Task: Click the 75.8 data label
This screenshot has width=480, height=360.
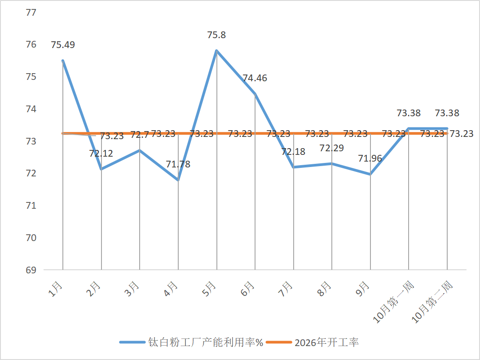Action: pyautogui.click(x=216, y=35)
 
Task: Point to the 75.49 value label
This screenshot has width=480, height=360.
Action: pyautogui.click(x=63, y=45)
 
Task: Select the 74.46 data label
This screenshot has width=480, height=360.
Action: pyautogui.click(x=255, y=78)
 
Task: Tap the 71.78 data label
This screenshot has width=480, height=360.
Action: pyautogui.click(x=178, y=164)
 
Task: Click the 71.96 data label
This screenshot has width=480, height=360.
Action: pyautogui.click(x=370, y=158)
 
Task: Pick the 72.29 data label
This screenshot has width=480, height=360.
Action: pyautogui.click(x=332, y=148)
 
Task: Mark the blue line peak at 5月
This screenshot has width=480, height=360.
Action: pyautogui.click(x=217, y=51)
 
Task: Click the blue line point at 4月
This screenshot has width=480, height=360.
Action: pyautogui.click(x=178, y=180)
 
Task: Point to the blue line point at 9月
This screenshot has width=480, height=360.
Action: pyautogui.click(x=370, y=174)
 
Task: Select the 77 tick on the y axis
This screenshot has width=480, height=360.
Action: pyautogui.click(x=31, y=13)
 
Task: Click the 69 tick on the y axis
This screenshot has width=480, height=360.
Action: pyautogui.click(x=31, y=270)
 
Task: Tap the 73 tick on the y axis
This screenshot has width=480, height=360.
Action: pyautogui.click(x=31, y=141)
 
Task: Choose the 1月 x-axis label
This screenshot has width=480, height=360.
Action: pyautogui.click(x=55, y=289)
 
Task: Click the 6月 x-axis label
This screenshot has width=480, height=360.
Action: pyautogui.click(x=248, y=289)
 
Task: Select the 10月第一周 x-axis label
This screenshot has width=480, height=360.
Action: pyautogui.click(x=393, y=302)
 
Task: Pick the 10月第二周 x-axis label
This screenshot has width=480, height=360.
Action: pyautogui.click(x=432, y=302)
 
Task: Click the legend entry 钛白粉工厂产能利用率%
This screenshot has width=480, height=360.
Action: pyautogui.click(x=191, y=342)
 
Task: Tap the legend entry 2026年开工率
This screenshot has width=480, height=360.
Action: pyautogui.click(x=312, y=342)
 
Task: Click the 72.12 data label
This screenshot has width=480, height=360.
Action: pyautogui.click(x=101, y=153)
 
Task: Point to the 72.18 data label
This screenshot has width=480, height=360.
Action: pyautogui.click(x=293, y=152)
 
